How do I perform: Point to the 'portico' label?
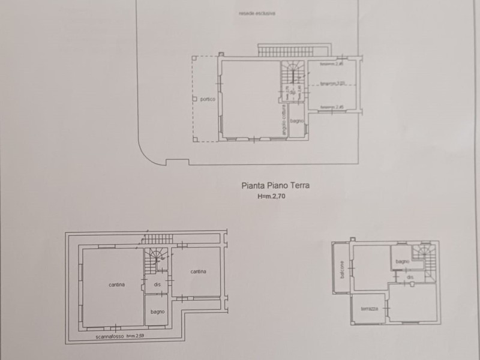coord(208,99)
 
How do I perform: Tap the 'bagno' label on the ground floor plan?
coord(296,121)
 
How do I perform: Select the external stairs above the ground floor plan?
coord(294,50)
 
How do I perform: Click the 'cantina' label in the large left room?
coord(117,284)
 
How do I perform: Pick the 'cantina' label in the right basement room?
coord(199,272)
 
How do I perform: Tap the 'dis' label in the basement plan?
coord(157,285)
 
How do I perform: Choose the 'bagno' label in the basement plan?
coord(158,311)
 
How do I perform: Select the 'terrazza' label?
coord(368,308)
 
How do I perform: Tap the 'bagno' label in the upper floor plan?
coord(402,262)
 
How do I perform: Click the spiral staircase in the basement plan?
coord(156,257)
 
